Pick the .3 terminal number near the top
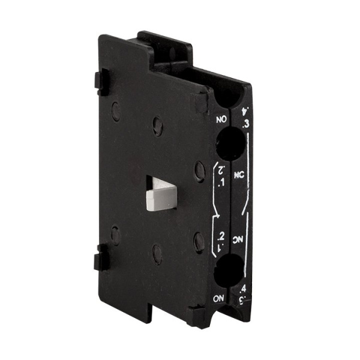245,125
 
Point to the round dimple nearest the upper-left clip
116,110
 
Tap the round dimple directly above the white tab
157,125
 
